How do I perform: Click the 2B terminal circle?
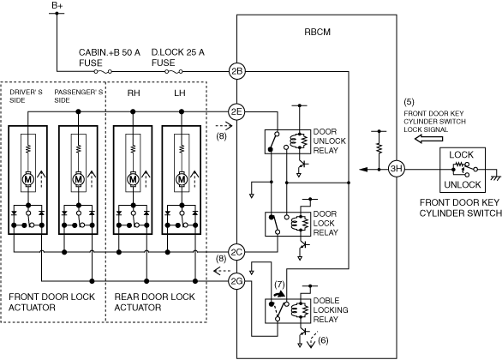tap(236, 71)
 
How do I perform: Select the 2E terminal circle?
tap(236, 111)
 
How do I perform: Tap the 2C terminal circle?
tap(236, 252)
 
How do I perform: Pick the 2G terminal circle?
tap(236, 281)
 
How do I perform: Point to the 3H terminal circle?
tap(397, 169)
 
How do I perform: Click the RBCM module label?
tap(317, 32)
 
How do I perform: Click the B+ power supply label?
tap(57, 5)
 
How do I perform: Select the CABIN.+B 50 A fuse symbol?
tap(103, 72)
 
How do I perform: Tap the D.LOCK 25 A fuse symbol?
tap(174, 72)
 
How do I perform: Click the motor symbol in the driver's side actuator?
tap(28, 179)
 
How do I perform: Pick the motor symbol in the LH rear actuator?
tap(182, 179)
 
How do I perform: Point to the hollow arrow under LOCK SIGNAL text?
tap(428, 139)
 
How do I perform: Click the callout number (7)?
tap(279, 285)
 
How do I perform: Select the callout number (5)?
tap(409, 102)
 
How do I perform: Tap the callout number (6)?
tap(323, 340)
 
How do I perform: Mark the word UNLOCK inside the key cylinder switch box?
tap(463, 184)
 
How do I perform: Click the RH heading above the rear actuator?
tap(134, 93)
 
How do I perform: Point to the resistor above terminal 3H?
tap(379, 148)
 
